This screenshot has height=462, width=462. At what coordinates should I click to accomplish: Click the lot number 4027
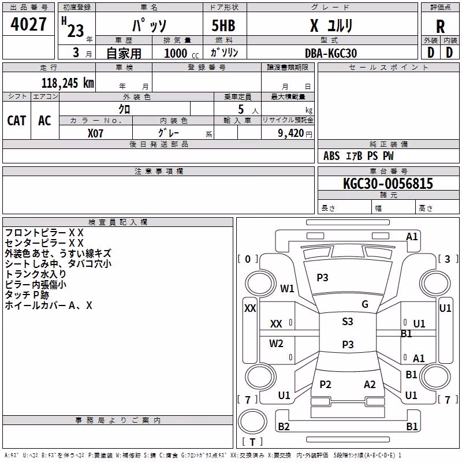coord(28,24)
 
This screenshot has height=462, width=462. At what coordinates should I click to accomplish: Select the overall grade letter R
coord(440,27)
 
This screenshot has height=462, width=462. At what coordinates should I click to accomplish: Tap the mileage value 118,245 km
coord(68,83)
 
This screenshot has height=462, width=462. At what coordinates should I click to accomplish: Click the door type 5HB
coord(223,25)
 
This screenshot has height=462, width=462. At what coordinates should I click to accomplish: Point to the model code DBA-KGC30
coord(330,53)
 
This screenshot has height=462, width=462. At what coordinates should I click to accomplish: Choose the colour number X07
coord(95,133)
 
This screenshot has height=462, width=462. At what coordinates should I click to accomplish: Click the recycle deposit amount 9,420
coord(291,133)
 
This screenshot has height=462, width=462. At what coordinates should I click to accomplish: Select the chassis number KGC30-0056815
coord(388,183)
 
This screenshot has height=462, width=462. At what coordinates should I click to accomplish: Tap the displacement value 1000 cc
coord(181,53)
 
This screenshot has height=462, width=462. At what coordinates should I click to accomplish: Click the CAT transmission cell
coord(17,121)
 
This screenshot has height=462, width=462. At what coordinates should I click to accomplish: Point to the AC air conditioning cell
coord(45,121)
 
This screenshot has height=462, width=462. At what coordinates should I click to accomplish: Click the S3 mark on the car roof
coord(348,321)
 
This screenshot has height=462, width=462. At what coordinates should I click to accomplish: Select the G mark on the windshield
coord(365,304)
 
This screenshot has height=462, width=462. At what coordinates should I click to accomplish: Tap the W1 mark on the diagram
coord(287,288)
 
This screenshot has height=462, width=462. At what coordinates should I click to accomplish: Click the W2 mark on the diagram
coord(276,343)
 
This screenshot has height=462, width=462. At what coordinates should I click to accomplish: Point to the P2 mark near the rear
coord(325,384)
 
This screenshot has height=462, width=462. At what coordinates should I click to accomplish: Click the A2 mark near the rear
coord(370,384)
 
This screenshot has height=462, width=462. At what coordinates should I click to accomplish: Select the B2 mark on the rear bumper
coord(284,426)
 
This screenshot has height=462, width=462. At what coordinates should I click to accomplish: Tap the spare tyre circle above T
coord(252,422)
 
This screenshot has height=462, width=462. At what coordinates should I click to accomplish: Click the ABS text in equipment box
coord(331,156)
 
